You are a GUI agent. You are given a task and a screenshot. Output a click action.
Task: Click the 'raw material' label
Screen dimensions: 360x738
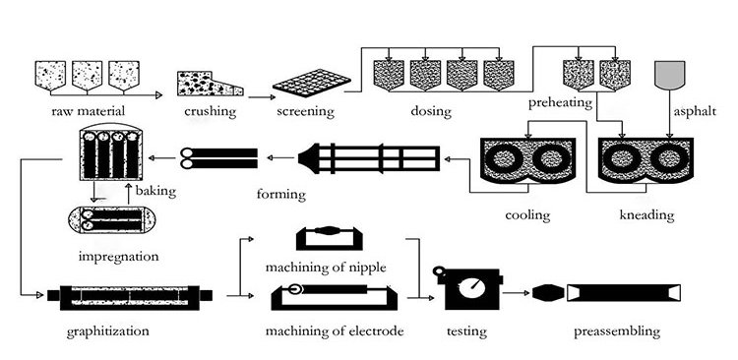tap(88, 111)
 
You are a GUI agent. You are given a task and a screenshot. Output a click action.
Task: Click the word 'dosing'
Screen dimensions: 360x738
tap(431, 111)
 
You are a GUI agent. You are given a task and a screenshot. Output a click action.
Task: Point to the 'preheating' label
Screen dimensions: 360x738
tap(560, 103)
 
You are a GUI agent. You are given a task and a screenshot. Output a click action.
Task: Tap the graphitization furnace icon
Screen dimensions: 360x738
tap(131, 295)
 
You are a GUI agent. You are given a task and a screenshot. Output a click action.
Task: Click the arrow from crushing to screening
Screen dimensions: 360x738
tap(259, 97)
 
